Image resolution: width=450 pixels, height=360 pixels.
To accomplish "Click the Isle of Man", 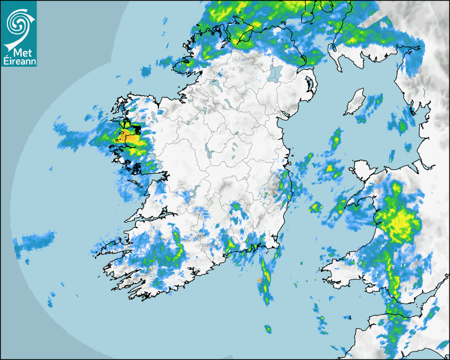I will (x=354, y=102).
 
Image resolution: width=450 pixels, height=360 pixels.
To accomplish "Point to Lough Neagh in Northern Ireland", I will (x=274, y=73).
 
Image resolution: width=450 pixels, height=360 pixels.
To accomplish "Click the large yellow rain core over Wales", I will (x=400, y=220).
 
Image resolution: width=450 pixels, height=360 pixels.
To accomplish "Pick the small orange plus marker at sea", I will (x=259, y=280).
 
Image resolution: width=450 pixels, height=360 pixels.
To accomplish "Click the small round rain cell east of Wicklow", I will (x=316, y=207).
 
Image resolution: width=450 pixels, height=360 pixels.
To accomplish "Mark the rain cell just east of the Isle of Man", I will (x=375, y=101).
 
